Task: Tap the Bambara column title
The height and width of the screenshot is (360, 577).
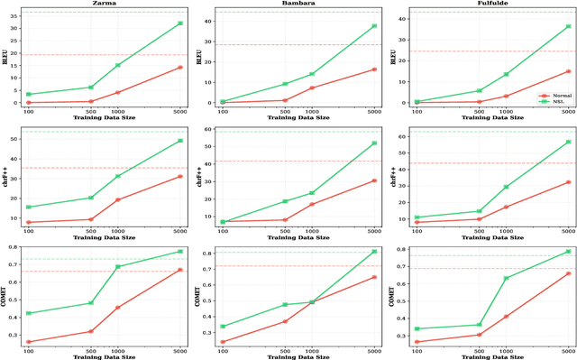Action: (297, 4)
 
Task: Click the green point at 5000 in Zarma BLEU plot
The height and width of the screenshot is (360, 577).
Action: (180, 23)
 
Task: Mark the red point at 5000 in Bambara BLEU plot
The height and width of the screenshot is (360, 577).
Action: (373, 69)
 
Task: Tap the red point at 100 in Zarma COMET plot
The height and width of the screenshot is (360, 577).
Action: (29, 342)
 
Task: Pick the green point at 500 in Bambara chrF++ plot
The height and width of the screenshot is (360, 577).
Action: (285, 201)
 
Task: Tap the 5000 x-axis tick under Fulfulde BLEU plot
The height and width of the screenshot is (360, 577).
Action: (567, 111)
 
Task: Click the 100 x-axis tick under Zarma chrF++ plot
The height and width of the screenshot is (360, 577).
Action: (29, 230)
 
